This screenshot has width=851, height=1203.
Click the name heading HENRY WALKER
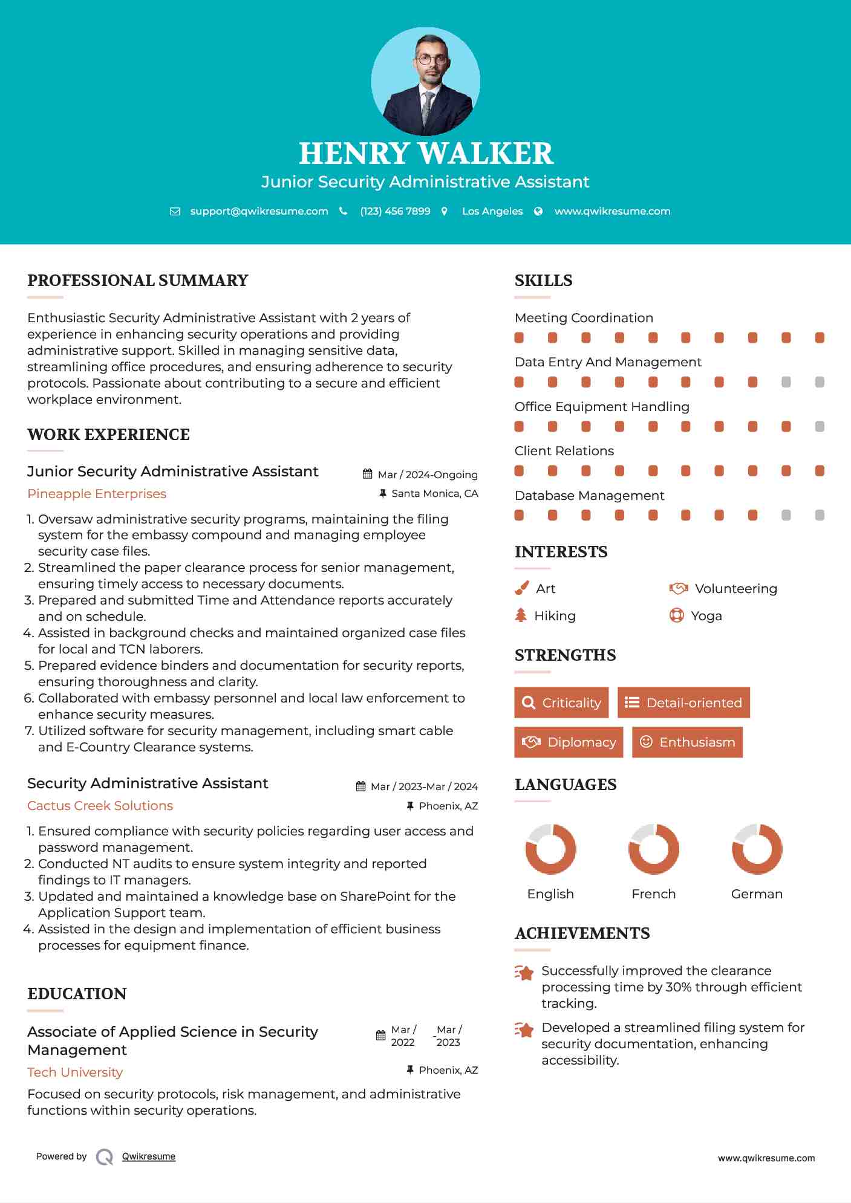426,154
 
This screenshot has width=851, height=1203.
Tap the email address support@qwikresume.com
259,212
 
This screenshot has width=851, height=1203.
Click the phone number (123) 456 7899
395,212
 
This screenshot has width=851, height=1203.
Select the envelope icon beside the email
175,212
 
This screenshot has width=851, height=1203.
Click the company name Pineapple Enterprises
97,494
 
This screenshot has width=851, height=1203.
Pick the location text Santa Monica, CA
434,494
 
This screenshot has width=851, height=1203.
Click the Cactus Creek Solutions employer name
100,806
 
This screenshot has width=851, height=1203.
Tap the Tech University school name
75,1072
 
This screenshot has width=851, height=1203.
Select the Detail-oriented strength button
683,702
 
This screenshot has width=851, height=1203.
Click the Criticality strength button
561,702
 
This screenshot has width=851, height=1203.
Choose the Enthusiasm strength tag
687,742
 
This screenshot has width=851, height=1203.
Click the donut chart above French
653,849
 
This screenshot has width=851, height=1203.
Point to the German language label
756,894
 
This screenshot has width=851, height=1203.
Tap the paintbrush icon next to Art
521,588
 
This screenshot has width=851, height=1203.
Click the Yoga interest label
706,616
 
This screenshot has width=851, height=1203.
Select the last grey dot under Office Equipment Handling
820,427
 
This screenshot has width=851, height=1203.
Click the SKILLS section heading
543,280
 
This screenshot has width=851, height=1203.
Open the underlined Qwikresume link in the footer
149,1156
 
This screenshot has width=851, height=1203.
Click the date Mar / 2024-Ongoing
428,475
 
